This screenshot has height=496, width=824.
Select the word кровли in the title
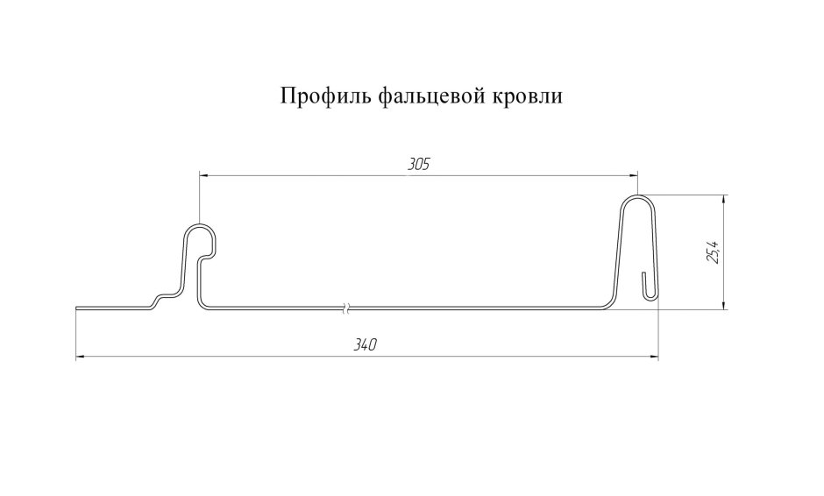coord(526,96)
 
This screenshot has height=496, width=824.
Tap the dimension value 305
coord(418,165)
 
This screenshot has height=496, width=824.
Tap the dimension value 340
coord(365,345)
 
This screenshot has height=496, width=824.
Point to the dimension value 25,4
coord(714,251)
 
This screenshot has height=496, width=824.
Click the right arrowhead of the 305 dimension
coord(632,175)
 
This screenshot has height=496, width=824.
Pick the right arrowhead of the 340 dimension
coord(653,358)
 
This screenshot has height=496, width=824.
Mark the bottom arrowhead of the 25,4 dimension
coord(724,304)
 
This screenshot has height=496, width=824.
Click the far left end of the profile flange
coord(77,308)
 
